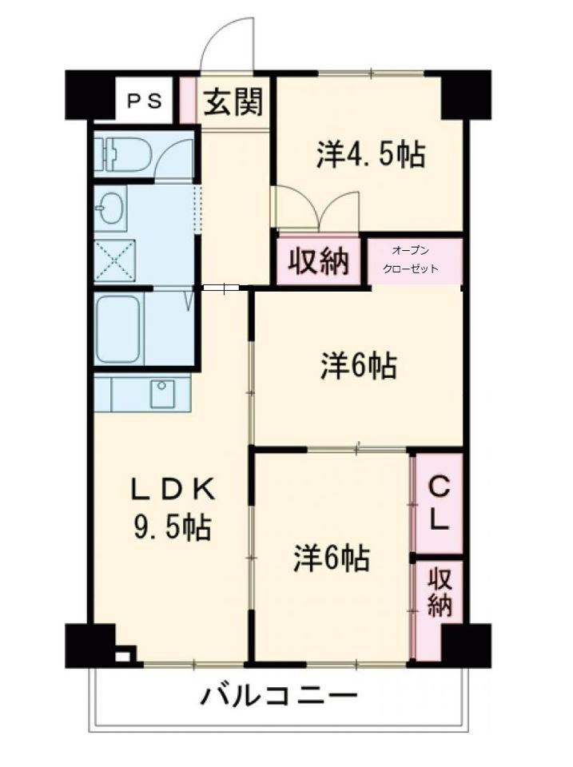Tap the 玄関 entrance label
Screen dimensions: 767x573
coord(233,101)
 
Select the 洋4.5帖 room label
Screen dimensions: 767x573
coord(370,154)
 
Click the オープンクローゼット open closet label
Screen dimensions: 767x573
coord(411,260)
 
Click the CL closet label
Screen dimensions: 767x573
coord(438,503)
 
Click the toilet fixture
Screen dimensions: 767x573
coord(119,153)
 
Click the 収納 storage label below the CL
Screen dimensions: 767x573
coord(438,591)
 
